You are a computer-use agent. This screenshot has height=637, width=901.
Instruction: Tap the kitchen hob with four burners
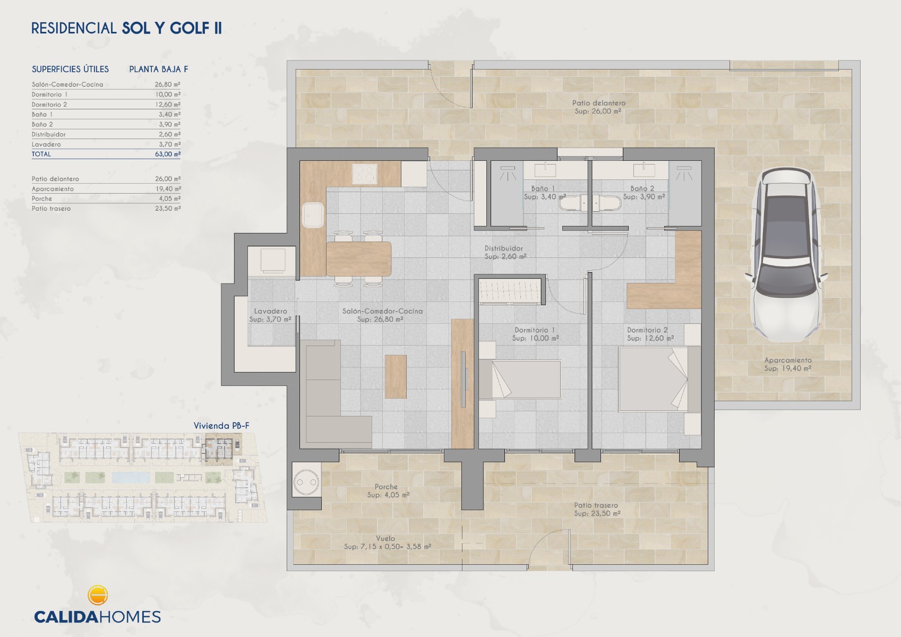pyautogui.click(x=364, y=174)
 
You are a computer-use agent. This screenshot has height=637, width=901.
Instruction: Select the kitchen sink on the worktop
pyautogui.click(x=313, y=215)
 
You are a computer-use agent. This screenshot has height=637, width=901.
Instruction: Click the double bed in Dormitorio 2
pyautogui.click(x=654, y=379)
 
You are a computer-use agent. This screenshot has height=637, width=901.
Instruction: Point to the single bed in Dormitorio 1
pyautogui.click(x=520, y=379)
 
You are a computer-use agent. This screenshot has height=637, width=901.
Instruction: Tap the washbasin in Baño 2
pyautogui.click(x=643, y=170)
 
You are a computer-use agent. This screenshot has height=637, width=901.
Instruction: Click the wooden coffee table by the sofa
pyautogui.click(x=396, y=376)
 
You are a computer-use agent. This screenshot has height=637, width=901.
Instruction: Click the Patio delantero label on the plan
pyautogui.click(x=598, y=107)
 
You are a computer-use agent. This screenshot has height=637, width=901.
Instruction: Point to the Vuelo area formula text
pyautogui.click(x=388, y=547)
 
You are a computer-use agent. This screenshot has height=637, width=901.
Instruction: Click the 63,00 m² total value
pyautogui.click(x=168, y=154)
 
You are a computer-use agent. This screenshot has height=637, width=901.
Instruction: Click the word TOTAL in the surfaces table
pyautogui.click(x=41, y=154)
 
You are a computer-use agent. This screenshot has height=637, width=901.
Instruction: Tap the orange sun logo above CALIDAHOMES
pyautogui.click(x=97, y=595)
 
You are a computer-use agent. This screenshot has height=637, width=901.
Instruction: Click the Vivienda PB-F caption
pyautogui.click(x=221, y=426)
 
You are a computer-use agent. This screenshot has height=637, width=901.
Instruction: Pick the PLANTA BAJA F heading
pyautogui.click(x=158, y=69)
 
